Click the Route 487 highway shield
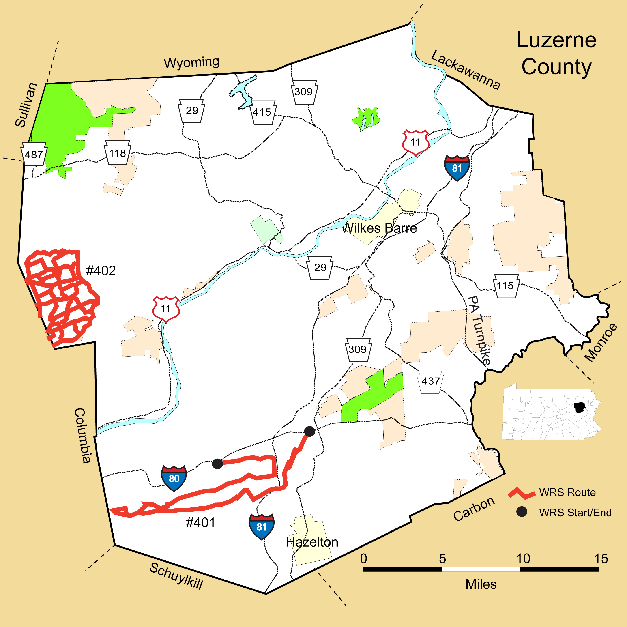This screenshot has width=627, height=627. coord(34,154)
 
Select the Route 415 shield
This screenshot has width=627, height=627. coord(262,112)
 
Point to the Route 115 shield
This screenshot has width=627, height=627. coord(505,286)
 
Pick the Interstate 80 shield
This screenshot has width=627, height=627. coord(174,478)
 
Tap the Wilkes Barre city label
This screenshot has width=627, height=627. coord(380,228)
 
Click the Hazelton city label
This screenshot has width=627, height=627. coord(312,542)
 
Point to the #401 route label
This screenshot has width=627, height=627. coord(200,522)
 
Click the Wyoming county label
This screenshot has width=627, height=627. coord(191,62)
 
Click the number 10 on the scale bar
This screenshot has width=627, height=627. coord(523,559)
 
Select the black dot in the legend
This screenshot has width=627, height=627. coord(522,512)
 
